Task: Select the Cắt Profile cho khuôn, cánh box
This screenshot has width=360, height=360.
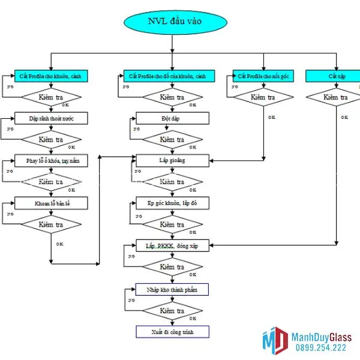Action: tap(51, 76)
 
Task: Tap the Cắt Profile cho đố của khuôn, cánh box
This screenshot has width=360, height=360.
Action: tap(172, 76)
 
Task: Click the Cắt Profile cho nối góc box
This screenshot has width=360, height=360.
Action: tap(263, 76)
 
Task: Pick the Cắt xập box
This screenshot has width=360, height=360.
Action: tap(335, 76)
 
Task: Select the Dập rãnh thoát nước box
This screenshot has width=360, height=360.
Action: tap(52, 118)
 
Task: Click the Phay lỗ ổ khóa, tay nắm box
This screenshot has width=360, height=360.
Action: tap(52, 160)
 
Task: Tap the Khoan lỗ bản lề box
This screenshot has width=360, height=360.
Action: tap(52, 203)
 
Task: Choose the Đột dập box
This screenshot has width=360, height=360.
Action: tap(172, 118)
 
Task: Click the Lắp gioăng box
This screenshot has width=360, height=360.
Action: tap(172, 160)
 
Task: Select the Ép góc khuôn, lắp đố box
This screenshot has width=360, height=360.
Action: tap(172, 203)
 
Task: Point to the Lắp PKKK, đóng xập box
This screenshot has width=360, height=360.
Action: tap(172, 246)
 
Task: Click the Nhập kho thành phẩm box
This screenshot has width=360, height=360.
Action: tap(172, 289)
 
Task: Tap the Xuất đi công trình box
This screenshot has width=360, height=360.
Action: tap(172, 331)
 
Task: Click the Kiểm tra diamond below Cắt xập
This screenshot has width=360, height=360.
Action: tap(335, 97)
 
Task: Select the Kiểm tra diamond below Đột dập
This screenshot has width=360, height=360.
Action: tap(172, 139)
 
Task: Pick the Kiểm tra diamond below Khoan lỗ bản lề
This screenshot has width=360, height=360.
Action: tap(52, 224)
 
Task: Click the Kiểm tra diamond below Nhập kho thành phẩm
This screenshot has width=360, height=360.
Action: tap(172, 310)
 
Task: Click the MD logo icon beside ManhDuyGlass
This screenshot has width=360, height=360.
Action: tap(275, 340)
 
